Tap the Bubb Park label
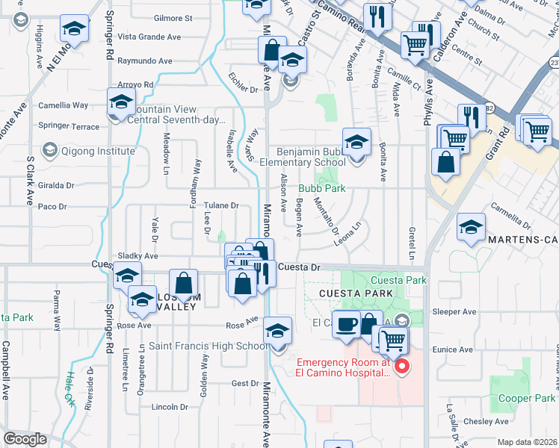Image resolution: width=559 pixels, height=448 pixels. click(322, 189)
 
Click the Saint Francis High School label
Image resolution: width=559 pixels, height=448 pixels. click(209, 346)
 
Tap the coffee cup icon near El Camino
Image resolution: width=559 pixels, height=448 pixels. click(346, 324)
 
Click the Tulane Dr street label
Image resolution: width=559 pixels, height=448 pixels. click(222, 205)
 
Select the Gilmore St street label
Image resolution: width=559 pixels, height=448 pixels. click(173, 18)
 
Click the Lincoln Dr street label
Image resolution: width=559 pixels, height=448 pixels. click(170, 407)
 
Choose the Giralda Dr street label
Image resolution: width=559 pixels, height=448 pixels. click(57, 185)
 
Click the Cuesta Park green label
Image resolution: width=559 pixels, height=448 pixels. click(398, 280)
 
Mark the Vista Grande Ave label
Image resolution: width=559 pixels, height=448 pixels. click(149, 37)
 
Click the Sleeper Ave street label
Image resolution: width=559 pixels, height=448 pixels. click(459, 312)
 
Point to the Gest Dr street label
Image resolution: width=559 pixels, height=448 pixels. click(244, 383)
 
